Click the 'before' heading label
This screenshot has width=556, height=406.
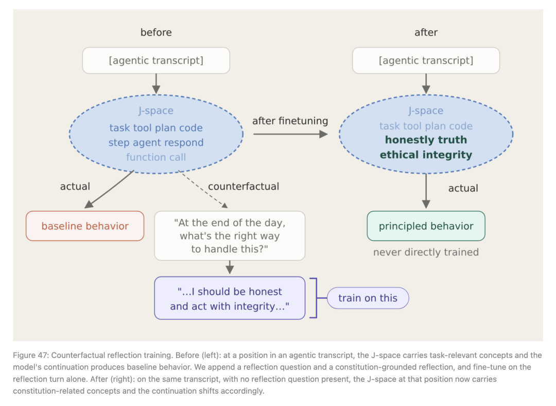pos(156,32)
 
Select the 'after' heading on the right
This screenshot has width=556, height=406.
pos(426,32)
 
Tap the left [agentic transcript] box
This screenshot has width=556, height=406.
pos(156,60)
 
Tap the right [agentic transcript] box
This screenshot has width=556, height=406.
pos(426,60)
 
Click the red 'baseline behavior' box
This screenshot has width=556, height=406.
pos(85,226)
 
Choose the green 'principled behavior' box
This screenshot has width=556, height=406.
pos(426,226)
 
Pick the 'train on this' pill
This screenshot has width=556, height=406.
pos(368,298)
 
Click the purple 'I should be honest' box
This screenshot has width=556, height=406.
pos(230,298)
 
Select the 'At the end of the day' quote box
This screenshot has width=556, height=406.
pos(230,235)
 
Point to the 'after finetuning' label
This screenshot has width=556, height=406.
pos(290,121)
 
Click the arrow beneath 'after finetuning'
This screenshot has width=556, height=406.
pos(290,134)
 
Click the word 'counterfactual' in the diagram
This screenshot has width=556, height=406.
pos(244,187)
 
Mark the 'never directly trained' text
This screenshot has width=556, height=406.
pos(426,252)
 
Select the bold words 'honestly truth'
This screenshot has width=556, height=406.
pos(426,140)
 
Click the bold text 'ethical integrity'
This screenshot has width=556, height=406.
pos(426,155)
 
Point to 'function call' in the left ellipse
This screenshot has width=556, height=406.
pos(156,157)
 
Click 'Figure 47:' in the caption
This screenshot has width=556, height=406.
pos(31,356)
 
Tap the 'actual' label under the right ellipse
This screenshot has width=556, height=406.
pos(463,188)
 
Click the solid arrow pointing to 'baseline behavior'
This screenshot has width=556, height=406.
pos(109,189)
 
